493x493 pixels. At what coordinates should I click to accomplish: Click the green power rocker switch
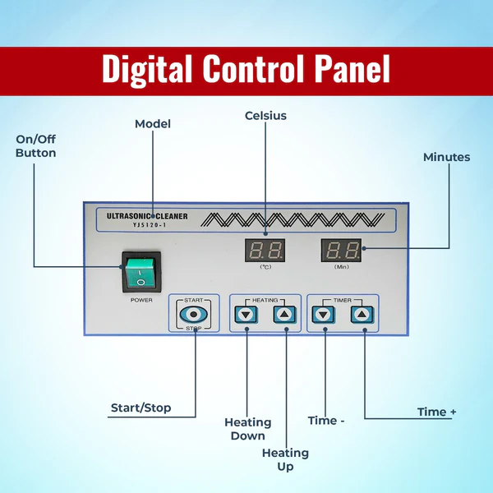(x=141, y=272)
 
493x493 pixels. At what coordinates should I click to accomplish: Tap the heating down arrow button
(x=246, y=315)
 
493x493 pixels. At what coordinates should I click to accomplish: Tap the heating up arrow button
(x=284, y=315)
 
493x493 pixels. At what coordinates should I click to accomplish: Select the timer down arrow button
(x=324, y=315)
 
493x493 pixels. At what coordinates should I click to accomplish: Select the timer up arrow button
(x=362, y=315)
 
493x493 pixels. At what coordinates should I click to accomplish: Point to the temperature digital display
(x=265, y=250)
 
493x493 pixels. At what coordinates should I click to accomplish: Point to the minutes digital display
(x=341, y=250)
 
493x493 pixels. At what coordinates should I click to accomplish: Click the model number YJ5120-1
(x=150, y=225)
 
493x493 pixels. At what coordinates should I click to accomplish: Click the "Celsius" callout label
(x=265, y=116)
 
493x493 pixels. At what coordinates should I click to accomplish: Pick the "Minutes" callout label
(x=446, y=157)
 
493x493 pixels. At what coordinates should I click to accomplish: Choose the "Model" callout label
(x=153, y=124)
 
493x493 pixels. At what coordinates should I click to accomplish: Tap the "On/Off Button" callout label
(x=36, y=146)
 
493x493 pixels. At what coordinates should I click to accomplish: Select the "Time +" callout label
(x=436, y=412)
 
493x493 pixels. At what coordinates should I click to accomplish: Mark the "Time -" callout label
(x=326, y=421)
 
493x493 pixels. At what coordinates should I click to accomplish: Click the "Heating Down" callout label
(x=248, y=429)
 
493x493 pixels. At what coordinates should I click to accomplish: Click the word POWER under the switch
(x=141, y=300)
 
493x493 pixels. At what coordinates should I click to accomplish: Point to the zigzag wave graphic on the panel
(x=293, y=219)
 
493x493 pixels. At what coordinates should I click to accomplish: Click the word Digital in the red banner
(x=147, y=69)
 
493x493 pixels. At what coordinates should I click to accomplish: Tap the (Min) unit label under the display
(x=342, y=267)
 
